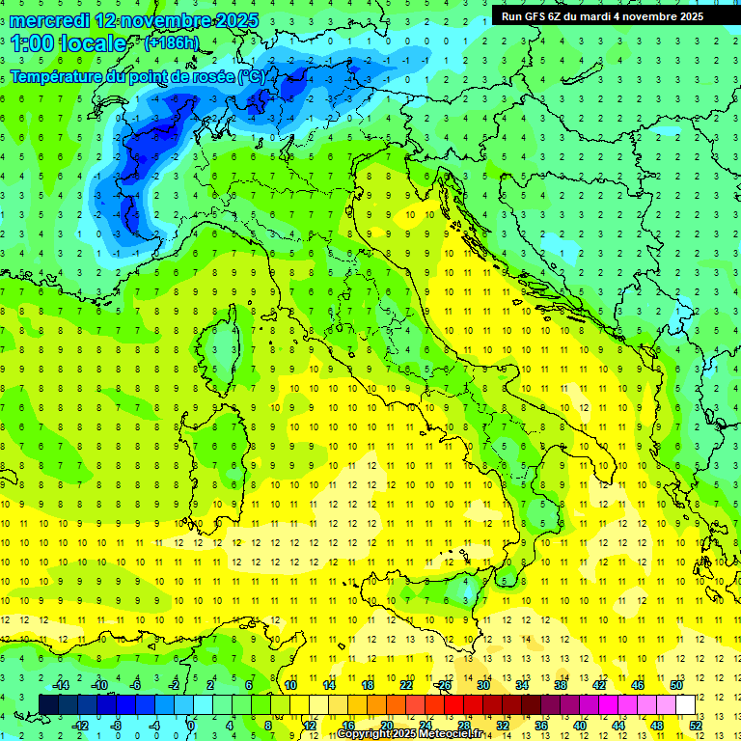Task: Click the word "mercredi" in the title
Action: point(48,19)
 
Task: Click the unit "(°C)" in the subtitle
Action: point(251,76)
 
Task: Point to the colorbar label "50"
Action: point(675,685)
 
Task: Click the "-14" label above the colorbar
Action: point(60,685)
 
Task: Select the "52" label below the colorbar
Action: point(695,726)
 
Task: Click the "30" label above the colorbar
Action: point(482,685)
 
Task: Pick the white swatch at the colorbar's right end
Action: point(685,705)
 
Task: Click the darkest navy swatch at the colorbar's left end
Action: point(48,705)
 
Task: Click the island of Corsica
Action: point(225,338)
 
